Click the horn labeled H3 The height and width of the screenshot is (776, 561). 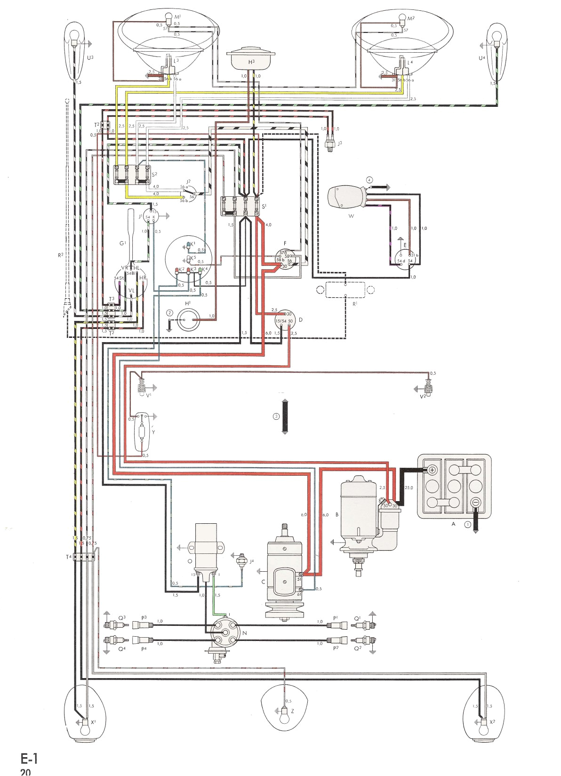coord(251,58)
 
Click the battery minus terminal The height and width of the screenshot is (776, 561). coord(475,502)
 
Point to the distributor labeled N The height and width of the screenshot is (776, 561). coord(225,633)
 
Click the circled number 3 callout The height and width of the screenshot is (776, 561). coord(276,416)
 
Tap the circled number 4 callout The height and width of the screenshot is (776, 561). coord(370,180)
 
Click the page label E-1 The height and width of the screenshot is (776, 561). coord(29,759)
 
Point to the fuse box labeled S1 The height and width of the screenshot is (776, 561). coord(240,206)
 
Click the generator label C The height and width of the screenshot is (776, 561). coord(263,582)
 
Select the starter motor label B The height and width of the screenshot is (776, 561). coord(337,514)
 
